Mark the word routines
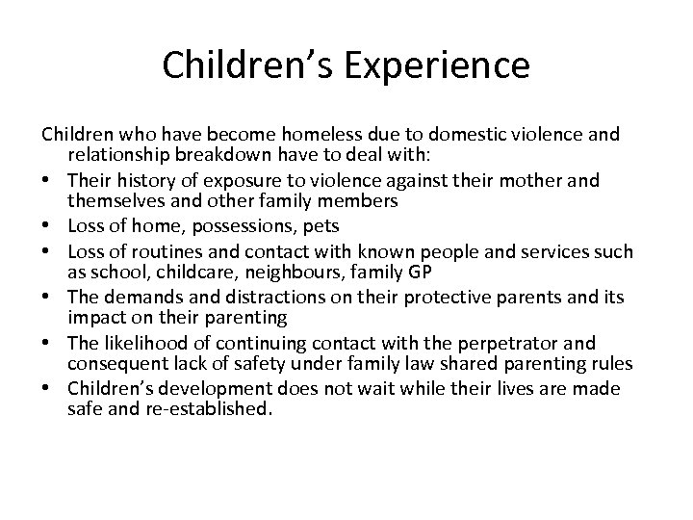[x=159, y=252]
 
